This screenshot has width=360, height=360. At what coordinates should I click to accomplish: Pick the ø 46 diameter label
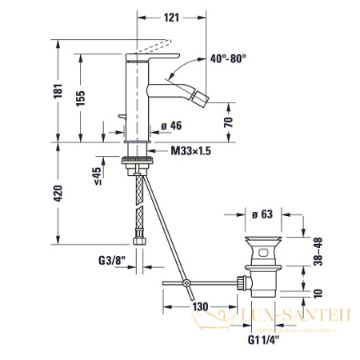[171, 126]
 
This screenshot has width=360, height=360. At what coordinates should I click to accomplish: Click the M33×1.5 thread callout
[190, 151]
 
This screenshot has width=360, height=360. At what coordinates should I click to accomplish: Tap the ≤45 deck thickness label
[97, 175]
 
